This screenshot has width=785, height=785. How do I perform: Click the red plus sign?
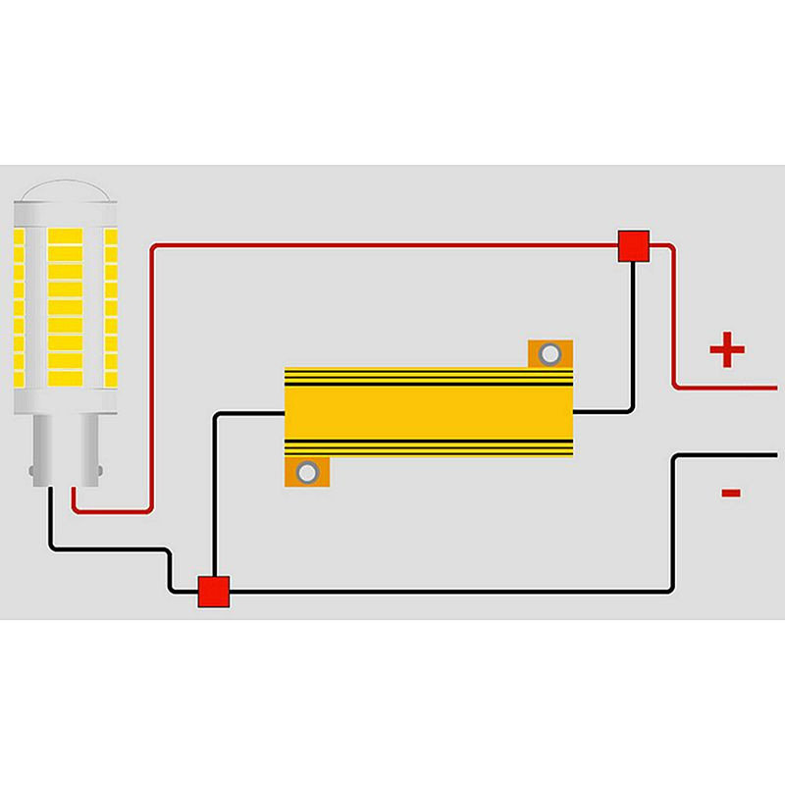[x=726, y=350]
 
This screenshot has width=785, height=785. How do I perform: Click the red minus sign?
[x=730, y=493]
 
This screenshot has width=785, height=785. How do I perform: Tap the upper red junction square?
[x=634, y=246]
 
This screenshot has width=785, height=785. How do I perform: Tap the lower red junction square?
[x=213, y=592]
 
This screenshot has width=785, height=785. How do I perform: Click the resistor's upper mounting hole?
[x=549, y=353]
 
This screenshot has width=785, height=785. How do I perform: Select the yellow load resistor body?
[x=428, y=412]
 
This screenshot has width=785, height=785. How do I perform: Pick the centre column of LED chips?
[x=66, y=304]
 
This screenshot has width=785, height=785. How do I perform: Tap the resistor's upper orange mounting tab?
[x=549, y=354]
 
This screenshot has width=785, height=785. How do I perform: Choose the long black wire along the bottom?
[x=442, y=592]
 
